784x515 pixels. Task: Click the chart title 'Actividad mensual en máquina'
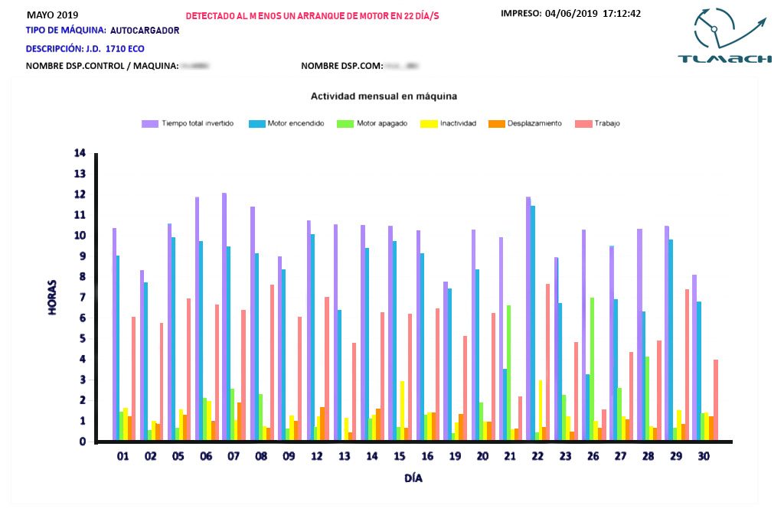tap(384, 96)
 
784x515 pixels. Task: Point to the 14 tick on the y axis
tap(80, 153)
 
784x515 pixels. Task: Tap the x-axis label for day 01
tap(122, 457)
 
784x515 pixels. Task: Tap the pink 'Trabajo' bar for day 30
tap(716, 400)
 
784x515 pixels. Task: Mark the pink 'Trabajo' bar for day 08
tap(272, 363)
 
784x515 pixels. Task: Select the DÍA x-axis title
tap(413, 479)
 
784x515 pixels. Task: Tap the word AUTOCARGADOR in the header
tap(145, 31)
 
